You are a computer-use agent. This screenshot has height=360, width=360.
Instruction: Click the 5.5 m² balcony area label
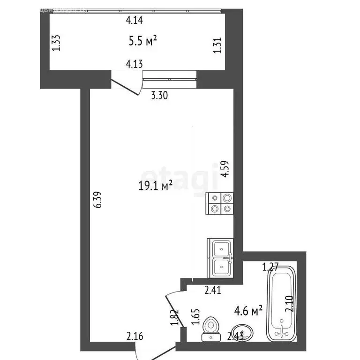pos(142,41)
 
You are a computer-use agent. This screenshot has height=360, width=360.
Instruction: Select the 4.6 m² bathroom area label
pos(248,310)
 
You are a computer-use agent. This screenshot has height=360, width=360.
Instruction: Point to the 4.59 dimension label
pos(225,169)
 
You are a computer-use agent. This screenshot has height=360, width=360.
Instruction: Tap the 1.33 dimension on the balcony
pos(56,43)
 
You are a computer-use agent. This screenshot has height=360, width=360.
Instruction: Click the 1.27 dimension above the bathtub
pos(270,268)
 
